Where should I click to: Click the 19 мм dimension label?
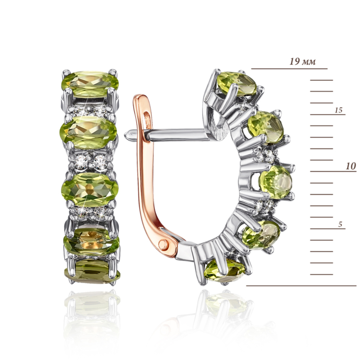pyautogui.click(x=302, y=62)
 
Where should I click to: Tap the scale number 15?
pyautogui.click(x=338, y=110)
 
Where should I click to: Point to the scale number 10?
pyautogui.click(x=351, y=166)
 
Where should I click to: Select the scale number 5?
pyautogui.click(x=340, y=224)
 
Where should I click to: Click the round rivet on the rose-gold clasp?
pyautogui.click(x=164, y=244)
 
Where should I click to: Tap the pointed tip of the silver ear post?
pyautogui.click(x=125, y=135)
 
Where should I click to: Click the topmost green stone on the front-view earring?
pyautogui.click(x=90, y=83)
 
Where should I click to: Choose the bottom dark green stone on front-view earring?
pyautogui.click(x=92, y=272)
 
